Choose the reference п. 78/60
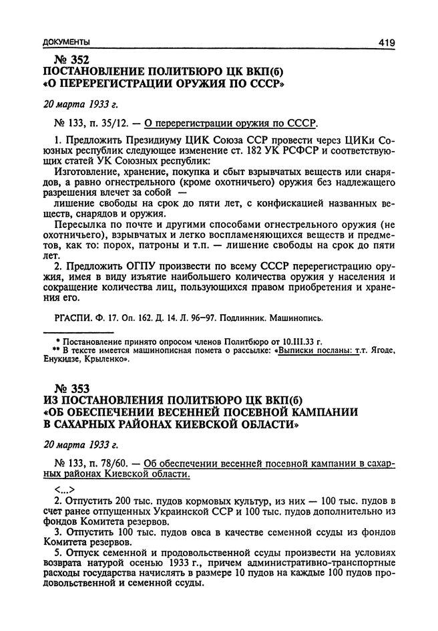click(x=103, y=463)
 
